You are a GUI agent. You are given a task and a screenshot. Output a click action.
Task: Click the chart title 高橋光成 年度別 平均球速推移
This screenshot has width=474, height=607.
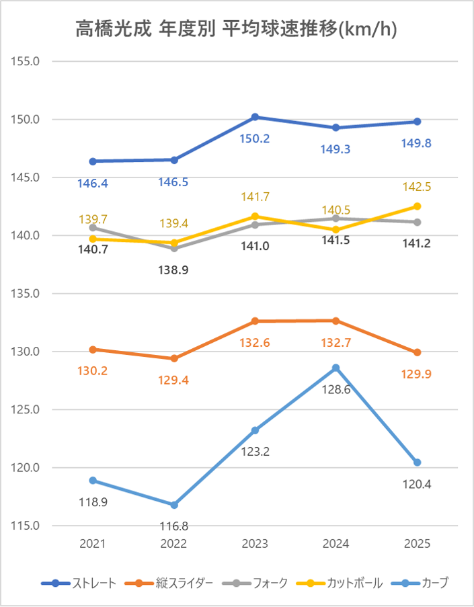[x=236, y=29]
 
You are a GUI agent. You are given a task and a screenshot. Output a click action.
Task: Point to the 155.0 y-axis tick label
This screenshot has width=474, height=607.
[x=27, y=61]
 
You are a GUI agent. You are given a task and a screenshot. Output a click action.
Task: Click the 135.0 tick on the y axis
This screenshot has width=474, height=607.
[x=27, y=294]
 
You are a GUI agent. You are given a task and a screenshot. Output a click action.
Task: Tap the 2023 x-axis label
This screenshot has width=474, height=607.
[x=255, y=543]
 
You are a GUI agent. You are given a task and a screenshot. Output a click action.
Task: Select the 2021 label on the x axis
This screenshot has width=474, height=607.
[x=93, y=543]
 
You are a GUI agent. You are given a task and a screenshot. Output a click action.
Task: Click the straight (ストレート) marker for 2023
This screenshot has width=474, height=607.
[x=255, y=117]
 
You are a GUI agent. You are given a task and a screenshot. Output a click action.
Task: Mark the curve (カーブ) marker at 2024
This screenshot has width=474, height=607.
[x=336, y=368]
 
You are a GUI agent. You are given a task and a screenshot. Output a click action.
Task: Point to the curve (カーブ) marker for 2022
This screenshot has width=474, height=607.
[x=174, y=505]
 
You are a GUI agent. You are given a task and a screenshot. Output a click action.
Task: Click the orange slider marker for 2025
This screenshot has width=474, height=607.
[x=417, y=352]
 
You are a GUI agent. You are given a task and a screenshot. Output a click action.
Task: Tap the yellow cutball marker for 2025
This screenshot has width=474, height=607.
[x=417, y=206]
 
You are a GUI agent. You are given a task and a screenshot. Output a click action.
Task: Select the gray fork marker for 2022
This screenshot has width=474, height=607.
[x=174, y=248]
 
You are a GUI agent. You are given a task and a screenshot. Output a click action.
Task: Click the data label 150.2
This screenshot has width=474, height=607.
[x=255, y=138]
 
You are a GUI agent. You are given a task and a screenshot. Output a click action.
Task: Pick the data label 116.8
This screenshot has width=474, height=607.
[x=174, y=526]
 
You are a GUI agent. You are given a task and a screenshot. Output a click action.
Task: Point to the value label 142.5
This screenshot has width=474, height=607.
[x=417, y=186]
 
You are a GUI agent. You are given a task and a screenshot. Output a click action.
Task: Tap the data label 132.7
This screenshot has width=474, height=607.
[x=336, y=342]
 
